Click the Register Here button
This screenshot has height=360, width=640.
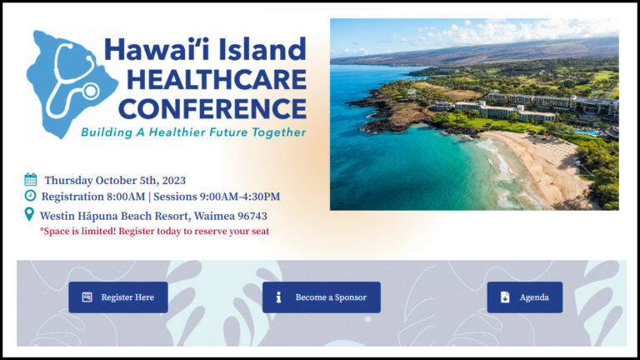[117, 297]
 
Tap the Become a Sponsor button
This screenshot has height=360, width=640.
[321, 297]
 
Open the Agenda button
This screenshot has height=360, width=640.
[524, 297]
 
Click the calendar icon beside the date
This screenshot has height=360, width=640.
[31, 179]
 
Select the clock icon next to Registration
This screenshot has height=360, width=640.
[31, 196]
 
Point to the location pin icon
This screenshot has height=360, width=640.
[30, 215]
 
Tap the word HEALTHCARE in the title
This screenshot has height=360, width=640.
[205, 80]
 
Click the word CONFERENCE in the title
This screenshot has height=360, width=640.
[212, 108]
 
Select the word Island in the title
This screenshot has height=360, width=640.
[265, 49]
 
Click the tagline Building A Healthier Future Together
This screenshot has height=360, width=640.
[193, 132]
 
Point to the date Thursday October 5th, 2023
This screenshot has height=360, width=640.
[115, 180]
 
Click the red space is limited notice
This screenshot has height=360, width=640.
[154, 231]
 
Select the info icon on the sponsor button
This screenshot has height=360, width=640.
[278, 297]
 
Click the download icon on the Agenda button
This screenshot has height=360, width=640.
[505, 297]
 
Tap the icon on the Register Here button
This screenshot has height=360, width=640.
[87, 297]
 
